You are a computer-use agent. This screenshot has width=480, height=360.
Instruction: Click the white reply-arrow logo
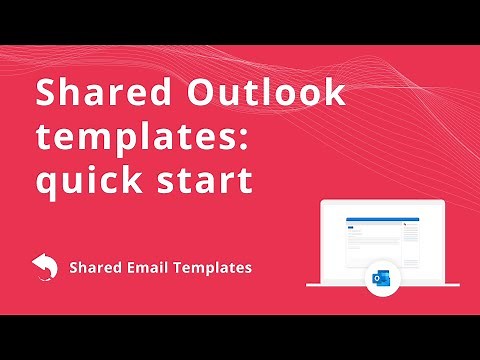tap(44, 267)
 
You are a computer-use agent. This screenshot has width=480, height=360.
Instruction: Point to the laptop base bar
tap(381, 284)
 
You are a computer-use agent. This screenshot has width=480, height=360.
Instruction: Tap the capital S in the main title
tap(46, 94)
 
